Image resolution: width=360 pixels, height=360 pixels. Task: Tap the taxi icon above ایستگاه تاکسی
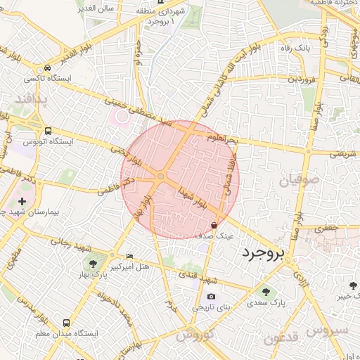coord(46,67)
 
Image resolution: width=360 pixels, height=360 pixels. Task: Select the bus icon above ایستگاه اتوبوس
coord(48,130)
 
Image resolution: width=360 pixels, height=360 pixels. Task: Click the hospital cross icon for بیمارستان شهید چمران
coord(22,201)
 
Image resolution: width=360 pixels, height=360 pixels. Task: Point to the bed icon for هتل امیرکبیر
coord(128,256)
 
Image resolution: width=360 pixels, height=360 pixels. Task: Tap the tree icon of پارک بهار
coord(93,264)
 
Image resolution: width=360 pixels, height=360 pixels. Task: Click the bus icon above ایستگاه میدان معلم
coord(66,323)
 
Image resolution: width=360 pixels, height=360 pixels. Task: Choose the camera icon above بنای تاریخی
coord(211,297)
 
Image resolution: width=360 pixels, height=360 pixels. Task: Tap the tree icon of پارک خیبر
coord(352,285)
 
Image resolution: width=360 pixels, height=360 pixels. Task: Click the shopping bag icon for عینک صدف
coord(214,226)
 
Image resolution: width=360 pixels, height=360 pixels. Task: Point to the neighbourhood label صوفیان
coord(299,180)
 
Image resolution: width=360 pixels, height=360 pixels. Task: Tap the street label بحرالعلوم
coord(223,138)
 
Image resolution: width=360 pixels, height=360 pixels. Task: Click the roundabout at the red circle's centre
coord(161,176)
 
